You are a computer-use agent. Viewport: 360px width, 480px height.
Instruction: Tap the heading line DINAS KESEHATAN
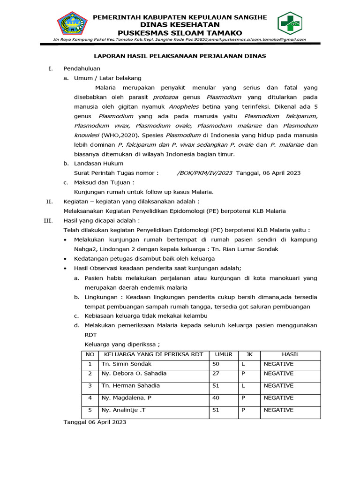[x=180, y=25]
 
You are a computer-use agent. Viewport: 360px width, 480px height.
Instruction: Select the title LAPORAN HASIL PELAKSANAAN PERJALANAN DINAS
[x=180, y=56]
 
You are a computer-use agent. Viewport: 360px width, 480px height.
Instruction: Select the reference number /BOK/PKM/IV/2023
[x=204, y=172]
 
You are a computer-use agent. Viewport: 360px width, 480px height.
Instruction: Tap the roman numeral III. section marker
[x=50, y=220]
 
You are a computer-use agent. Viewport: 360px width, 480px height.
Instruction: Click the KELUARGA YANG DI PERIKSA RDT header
[x=153, y=354]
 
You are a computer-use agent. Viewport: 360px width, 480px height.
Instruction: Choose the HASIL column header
[x=290, y=354]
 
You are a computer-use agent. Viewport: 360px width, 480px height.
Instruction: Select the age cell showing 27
[x=216, y=374]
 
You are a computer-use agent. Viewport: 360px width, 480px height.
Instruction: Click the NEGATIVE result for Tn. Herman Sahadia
[x=278, y=385]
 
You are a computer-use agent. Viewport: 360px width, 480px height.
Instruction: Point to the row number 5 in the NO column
[x=90, y=410]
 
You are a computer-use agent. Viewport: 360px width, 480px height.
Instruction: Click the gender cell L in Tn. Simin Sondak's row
[x=243, y=364]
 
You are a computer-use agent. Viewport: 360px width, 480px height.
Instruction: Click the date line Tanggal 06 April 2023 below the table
[x=95, y=422]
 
